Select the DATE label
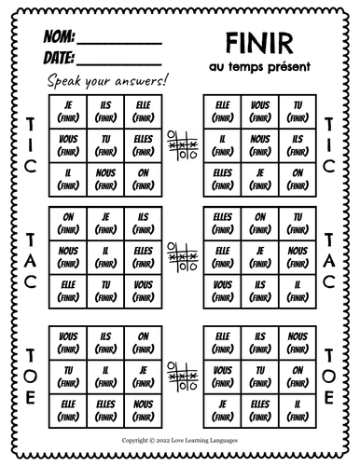tap(59, 59)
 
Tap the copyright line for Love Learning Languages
tap(180, 434)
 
